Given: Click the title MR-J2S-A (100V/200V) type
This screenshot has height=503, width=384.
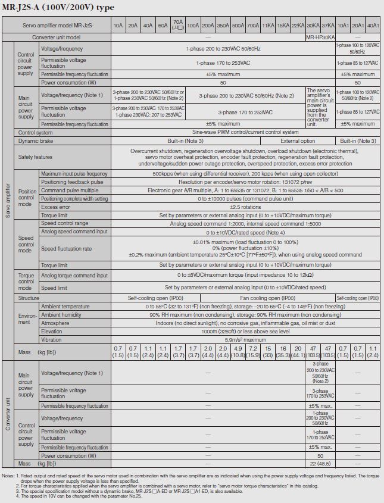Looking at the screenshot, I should pos(58,8).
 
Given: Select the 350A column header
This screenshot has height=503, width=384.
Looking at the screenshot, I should pos(223,26).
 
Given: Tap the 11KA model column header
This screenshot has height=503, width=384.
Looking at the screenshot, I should pos(268,26).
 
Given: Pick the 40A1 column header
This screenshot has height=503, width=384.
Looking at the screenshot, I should pos(373,26).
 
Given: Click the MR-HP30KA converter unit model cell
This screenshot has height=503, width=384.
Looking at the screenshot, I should pos(320,37).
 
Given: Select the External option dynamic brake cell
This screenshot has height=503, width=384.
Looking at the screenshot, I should pos(298,141).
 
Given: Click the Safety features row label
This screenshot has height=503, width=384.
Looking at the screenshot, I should pos(35,157).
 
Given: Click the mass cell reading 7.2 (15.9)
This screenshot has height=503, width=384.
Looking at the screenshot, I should pos(252,351).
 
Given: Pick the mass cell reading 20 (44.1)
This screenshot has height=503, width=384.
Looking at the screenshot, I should pos(298,351).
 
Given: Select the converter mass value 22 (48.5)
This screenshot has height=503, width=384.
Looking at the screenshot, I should pos(320,463).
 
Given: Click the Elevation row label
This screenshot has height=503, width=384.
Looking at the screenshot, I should pos(51,331).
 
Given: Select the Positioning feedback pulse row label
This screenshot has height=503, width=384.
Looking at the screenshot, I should pos(72,182).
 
